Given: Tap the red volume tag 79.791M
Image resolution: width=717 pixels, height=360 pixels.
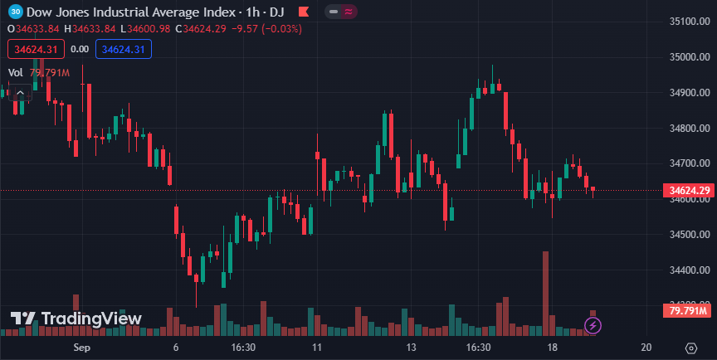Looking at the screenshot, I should point(687,311).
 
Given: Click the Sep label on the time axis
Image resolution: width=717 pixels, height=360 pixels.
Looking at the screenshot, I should point(81,347).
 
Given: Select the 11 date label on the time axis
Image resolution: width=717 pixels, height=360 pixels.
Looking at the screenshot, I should point(316,347).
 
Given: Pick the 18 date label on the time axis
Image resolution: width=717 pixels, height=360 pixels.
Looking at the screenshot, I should point(552,347).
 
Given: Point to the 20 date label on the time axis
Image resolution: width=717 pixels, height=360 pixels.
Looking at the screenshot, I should point(646,347).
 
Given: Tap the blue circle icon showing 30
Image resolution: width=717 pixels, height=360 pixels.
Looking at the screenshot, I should point(15,12).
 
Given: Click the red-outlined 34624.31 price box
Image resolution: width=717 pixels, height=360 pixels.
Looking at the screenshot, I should point(34,50).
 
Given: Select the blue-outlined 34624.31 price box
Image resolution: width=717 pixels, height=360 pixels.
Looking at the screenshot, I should point(124,50).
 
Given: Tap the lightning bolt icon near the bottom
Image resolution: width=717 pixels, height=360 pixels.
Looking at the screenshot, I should point(594,326).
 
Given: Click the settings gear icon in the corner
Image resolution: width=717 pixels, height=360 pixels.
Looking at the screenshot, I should point(690,347).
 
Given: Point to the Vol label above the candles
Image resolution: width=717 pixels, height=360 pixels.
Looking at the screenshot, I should point(15,73).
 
